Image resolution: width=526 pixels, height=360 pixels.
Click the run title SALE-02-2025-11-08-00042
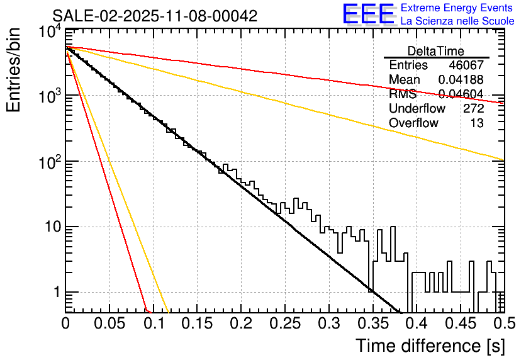pyautogui.click(x=155, y=16)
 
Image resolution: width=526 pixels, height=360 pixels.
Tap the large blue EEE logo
pyautogui.click(x=368, y=14)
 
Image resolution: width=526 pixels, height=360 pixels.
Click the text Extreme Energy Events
pyautogui.click(x=457, y=8)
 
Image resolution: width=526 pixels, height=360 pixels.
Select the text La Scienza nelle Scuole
pyautogui.click(x=457, y=21)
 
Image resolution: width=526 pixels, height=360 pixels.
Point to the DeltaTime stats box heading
pyautogui.click(x=436, y=51)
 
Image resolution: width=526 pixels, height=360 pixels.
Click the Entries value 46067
pyautogui.click(x=466, y=65)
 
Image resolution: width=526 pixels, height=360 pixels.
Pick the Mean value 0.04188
pyautogui.click(x=461, y=80)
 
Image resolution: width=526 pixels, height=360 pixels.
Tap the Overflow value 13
pyautogui.click(x=477, y=123)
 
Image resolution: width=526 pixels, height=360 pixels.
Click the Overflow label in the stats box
pyautogui.click(x=413, y=123)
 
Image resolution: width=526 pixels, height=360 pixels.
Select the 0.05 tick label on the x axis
pyautogui.click(x=109, y=324)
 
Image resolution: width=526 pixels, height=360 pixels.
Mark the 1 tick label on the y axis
pyautogui.click(x=57, y=292)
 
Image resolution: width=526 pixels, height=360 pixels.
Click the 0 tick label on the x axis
pyautogui.click(x=65, y=324)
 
